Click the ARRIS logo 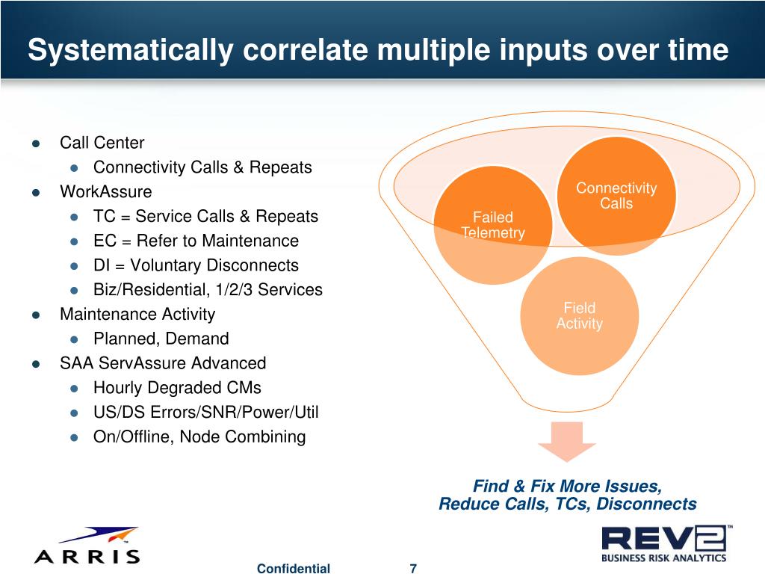pos(87,546)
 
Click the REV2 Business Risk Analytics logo pos(664,543)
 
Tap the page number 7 pos(413,569)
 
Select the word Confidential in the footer pos(293,569)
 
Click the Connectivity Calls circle pos(616,195)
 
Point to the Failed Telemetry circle pos(493,224)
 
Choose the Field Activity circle pos(579,315)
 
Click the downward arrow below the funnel pos(567,442)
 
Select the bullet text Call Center pos(102,143)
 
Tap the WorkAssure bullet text pos(105,192)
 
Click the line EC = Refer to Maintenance pos(196,241)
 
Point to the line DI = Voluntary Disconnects pos(196,265)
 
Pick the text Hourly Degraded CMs pos(177,388)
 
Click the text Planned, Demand pos(161,339)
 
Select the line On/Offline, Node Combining pos(199,436)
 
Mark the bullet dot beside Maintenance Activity pos(36,315)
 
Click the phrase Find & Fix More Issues pos(567,486)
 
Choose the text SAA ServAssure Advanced pos(163,363)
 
